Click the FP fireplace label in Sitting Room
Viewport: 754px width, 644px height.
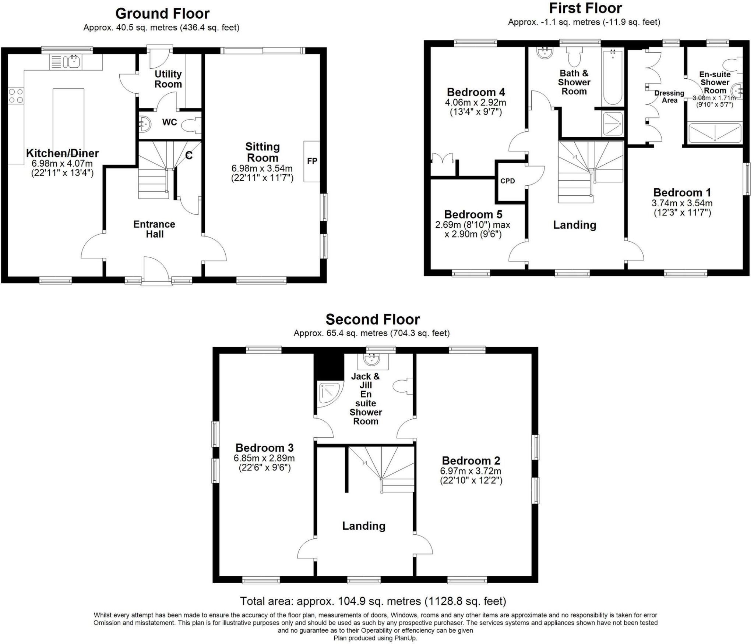pos(312,161)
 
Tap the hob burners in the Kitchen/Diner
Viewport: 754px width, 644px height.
pos(16,95)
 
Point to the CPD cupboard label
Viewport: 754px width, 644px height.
pos(507,181)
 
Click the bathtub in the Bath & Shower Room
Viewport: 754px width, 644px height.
pos(613,78)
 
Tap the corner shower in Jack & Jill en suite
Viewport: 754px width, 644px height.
pos(329,394)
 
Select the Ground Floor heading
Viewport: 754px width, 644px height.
pos(162,14)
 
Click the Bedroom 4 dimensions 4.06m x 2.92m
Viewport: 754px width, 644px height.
pos(476,103)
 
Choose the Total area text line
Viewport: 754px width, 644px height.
pos(373,601)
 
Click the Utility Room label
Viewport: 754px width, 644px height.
pos(168,79)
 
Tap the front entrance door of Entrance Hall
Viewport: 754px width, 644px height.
pos(156,271)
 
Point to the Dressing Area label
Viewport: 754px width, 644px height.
pos(669,96)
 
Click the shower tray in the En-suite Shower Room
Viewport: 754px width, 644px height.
pos(715,133)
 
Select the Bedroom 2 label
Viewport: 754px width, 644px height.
pos(471,460)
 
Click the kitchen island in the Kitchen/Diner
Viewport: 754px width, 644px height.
pos(68,118)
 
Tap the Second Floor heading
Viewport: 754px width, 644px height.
pos(373,319)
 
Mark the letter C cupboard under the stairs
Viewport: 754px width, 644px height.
pos(188,156)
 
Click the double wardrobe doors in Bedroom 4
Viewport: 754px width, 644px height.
pos(442,159)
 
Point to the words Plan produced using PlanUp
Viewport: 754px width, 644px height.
pos(375,638)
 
